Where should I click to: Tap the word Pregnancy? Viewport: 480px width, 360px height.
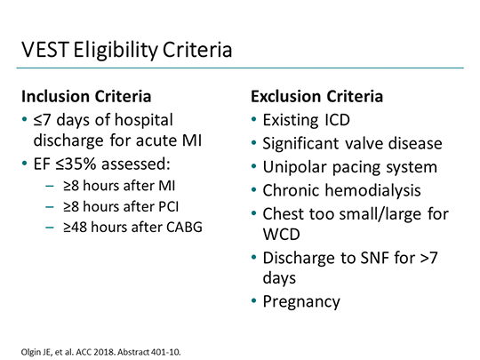(x=300, y=301)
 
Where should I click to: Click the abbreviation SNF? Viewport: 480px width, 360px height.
(x=380, y=259)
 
